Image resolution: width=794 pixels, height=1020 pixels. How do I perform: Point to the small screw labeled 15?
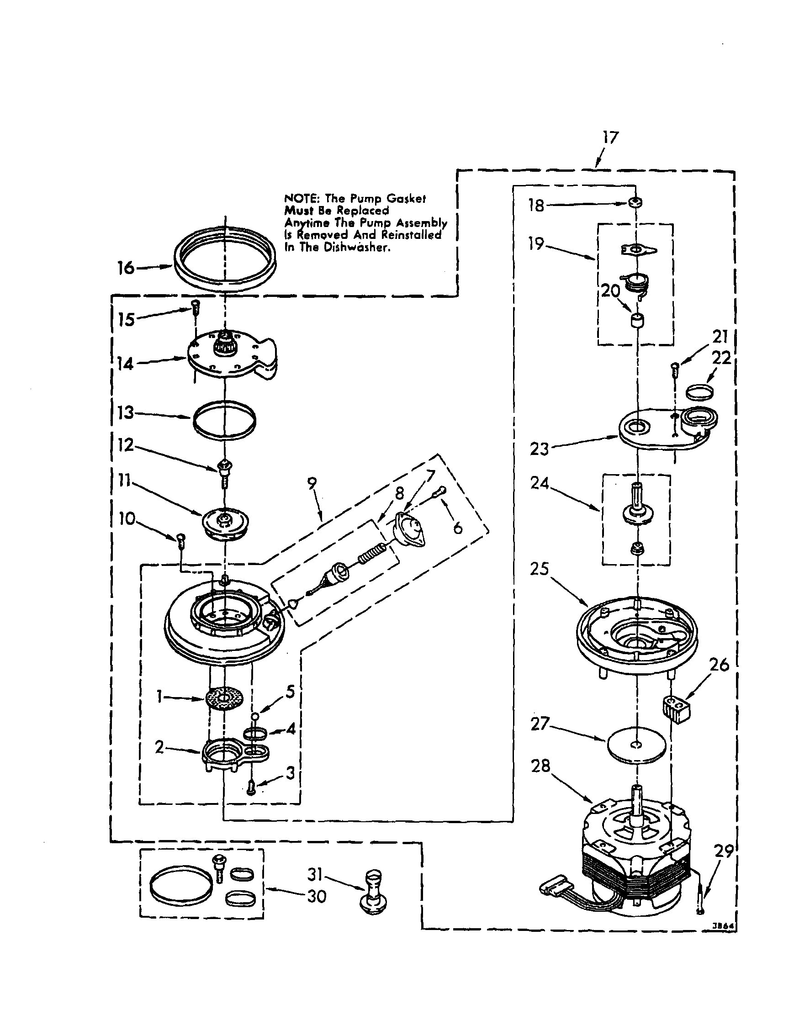pyautogui.click(x=195, y=307)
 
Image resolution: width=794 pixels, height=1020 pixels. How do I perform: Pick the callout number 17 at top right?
pyautogui.click(x=610, y=137)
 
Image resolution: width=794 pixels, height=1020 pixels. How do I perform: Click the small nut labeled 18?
pyautogui.click(x=635, y=202)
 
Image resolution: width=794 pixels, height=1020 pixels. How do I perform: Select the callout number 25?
pyautogui.click(x=539, y=569)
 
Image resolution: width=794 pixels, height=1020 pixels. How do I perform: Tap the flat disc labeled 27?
pyautogui.click(x=635, y=743)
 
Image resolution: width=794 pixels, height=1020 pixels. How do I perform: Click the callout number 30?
pyautogui.click(x=316, y=896)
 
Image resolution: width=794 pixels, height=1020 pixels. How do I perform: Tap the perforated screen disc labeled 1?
pyautogui.click(x=225, y=699)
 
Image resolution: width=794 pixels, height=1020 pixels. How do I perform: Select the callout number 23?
pyautogui.click(x=539, y=449)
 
